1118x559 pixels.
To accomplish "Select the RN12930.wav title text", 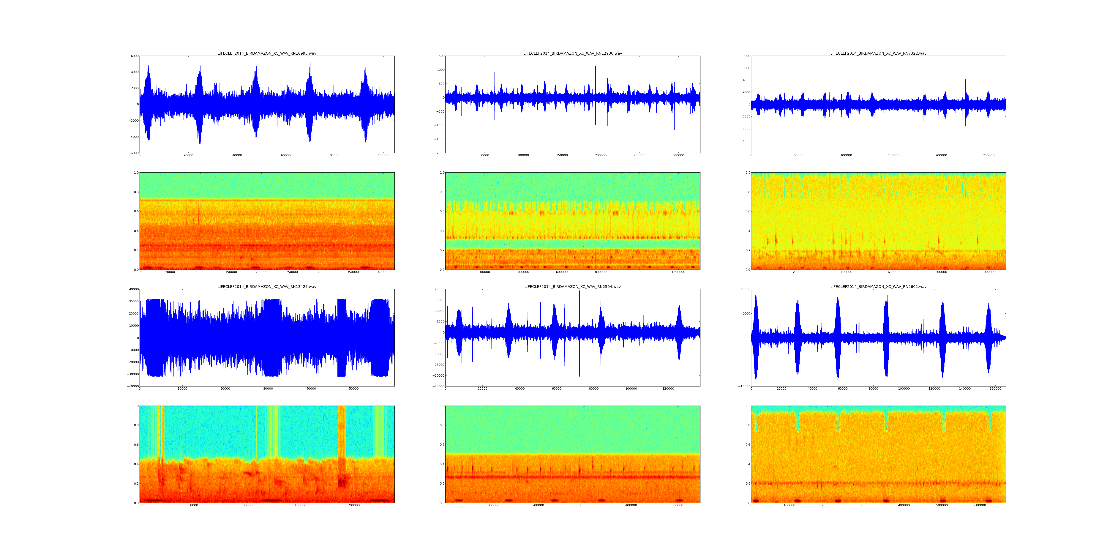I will (x=572, y=53).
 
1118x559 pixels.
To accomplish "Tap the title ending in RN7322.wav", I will (x=878, y=53).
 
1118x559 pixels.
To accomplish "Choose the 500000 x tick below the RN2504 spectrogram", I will (x=678, y=505).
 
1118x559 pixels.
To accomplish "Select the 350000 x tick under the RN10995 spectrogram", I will (x=353, y=272).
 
